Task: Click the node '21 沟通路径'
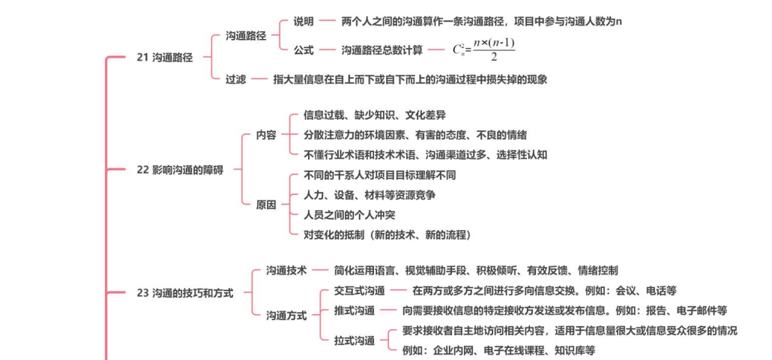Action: (165, 57)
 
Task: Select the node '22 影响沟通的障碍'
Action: (180, 169)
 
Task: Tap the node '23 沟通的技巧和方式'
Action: (185, 293)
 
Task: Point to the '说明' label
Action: (304, 21)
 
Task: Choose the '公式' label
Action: (304, 50)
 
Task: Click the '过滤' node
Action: (236, 79)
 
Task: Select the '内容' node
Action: (266, 136)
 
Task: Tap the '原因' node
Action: (266, 205)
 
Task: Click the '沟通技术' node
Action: (286, 270)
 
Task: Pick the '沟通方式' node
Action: (286, 316)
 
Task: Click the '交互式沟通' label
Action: (360, 290)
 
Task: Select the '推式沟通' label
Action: (355, 310)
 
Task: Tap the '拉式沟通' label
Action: (355, 340)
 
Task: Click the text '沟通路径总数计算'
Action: (382, 50)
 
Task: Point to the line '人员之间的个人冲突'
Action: (349, 215)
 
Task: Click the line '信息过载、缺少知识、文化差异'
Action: (375, 115)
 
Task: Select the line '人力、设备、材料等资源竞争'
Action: (370, 195)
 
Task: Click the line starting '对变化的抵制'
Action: (387, 235)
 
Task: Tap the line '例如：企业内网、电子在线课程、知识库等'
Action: (498, 350)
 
